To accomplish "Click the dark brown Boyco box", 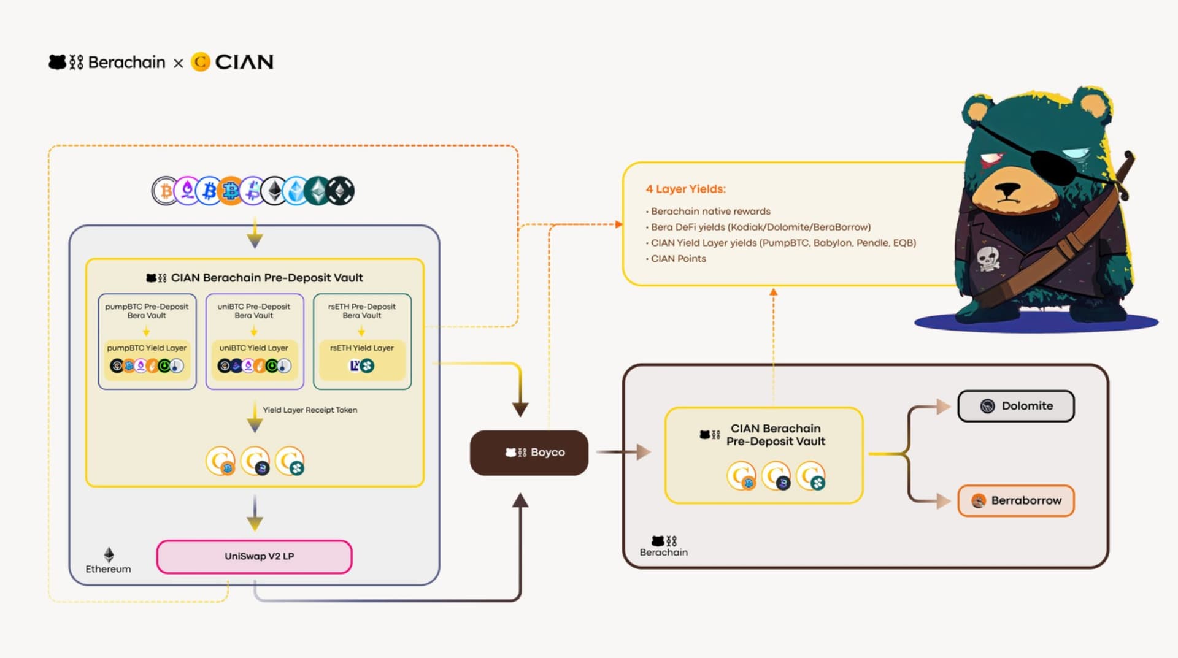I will (x=529, y=453).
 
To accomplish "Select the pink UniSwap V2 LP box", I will (x=254, y=556).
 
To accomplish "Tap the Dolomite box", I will (x=1016, y=406).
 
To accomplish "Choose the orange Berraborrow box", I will (x=1016, y=500).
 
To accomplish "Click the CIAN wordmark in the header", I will (x=244, y=62).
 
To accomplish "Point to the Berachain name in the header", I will (x=126, y=63).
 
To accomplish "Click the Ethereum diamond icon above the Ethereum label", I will (x=109, y=554).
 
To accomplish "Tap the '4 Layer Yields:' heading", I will (x=685, y=189).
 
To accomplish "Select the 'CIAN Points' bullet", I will (x=678, y=259).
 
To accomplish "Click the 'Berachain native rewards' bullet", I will (x=710, y=211).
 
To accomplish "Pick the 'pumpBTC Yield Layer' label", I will (x=147, y=348).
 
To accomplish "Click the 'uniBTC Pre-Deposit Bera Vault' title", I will (x=254, y=311).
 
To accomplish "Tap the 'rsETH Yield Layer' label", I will (x=362, y=348).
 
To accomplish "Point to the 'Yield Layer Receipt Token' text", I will (x=310, y=410).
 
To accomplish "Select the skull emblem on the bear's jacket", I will (x=988, y=258).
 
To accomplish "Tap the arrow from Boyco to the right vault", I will (x=623, y=452).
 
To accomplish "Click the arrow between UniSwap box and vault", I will (x=255, y=512).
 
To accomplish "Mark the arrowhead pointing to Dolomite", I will (x=943, y=406).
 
